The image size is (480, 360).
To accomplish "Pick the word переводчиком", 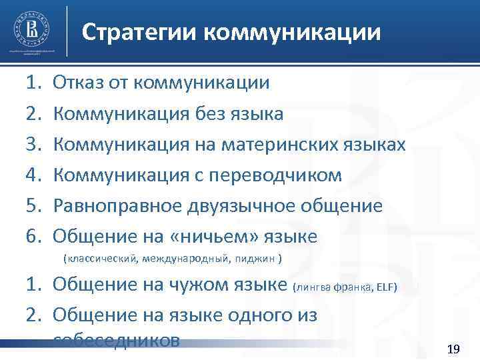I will (x=286, y=175).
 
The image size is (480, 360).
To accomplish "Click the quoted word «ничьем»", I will (x=209, y=237).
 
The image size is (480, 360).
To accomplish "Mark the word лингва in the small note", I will (x=312, y=288).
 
